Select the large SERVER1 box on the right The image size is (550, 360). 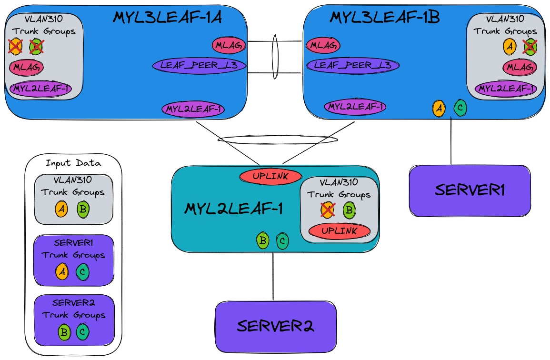(x=470, y=190)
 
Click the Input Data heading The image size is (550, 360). (x=73, y=163)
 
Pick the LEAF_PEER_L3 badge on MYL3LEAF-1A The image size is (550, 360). (x=200, y=65)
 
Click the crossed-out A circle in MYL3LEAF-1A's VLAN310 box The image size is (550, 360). (x=16, y=46)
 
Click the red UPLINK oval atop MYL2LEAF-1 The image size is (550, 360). (x=270, y=176)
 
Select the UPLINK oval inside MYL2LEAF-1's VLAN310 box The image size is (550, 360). (x=339, y=231)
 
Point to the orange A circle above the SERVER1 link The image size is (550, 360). (x=439, y=109)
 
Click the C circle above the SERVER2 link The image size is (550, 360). (x=282, y=241)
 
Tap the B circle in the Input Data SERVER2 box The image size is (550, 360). (x=63, y=332)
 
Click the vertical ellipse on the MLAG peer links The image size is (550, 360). (x=275, y=57)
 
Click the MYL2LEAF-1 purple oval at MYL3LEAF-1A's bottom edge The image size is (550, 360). (x=193, y=109)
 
